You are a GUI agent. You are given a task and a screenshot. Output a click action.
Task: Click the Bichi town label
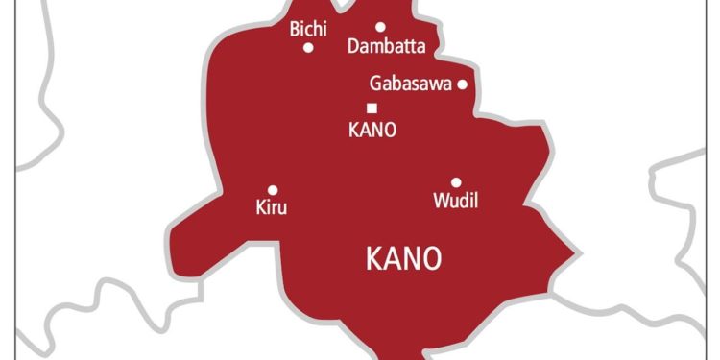(x=308, y=30)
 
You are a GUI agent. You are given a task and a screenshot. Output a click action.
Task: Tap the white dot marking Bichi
(x=308, y=47)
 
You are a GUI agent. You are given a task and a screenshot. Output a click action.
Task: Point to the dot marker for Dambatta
(x=380, y=27)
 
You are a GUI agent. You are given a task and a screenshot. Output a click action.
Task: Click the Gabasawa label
(x=410, y=84)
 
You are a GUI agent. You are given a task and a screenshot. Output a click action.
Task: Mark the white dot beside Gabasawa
(x=462, y=84)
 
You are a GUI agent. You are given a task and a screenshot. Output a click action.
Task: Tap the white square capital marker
(x=372, y=108)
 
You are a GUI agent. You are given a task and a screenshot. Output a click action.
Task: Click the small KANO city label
(x=372, y=130)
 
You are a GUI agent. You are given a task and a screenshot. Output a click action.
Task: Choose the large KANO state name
(x=404, y=258)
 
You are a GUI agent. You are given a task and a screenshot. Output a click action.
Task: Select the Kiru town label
(x=272, y=207)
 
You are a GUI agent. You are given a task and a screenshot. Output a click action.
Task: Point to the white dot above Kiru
(x=273, y=190)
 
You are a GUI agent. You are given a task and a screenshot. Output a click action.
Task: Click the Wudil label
(x=456, y=202)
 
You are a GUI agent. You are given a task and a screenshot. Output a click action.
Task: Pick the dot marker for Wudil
(x=456, y=182)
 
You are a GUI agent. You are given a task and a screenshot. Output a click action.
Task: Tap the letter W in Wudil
(x=440, y=202)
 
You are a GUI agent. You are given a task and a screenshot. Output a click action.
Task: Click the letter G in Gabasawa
(x=375, y=84)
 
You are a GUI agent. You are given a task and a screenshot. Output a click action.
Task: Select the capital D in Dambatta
(x=352, y=46)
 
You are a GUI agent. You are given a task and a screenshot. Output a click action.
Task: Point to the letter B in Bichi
(x=295, y=30)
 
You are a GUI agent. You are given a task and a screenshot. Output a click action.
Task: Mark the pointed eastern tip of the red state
(x=578, y=255)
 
